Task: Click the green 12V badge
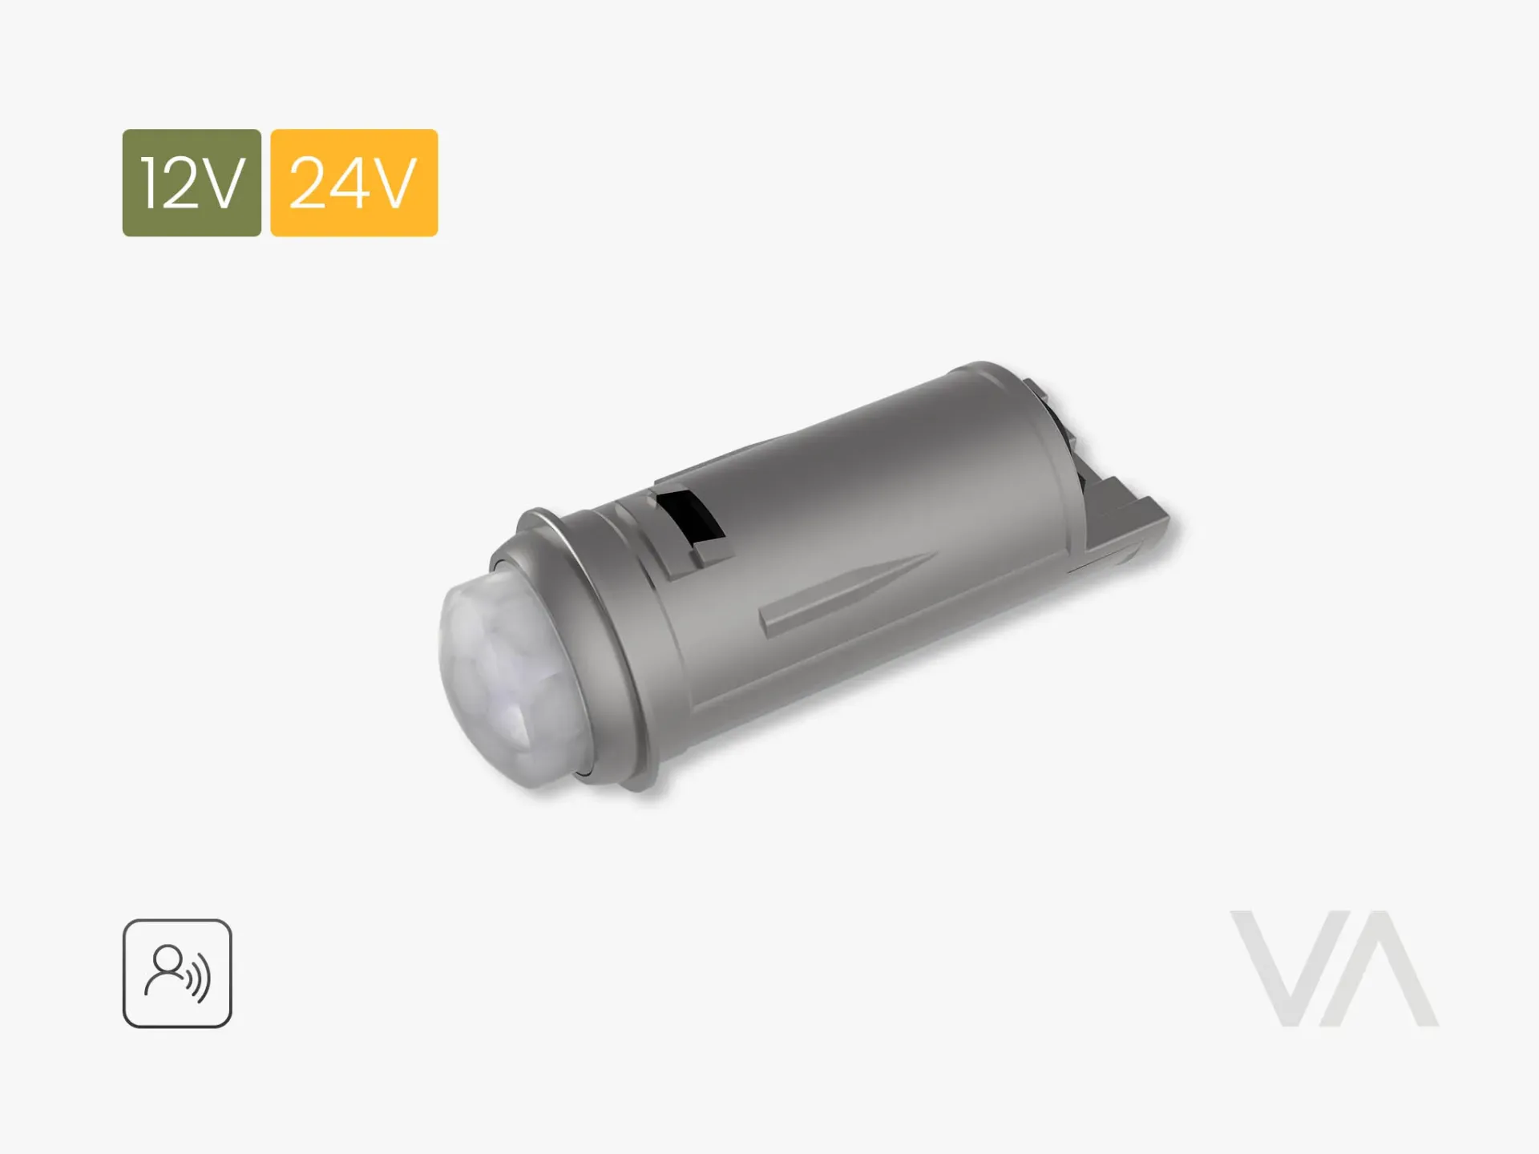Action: [192, 183]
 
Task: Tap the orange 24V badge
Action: [353, 183]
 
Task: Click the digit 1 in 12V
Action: [150, 183]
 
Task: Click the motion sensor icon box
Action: [177, 973]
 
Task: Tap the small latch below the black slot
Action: [712, 553]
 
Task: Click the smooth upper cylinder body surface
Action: [882, 465]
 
